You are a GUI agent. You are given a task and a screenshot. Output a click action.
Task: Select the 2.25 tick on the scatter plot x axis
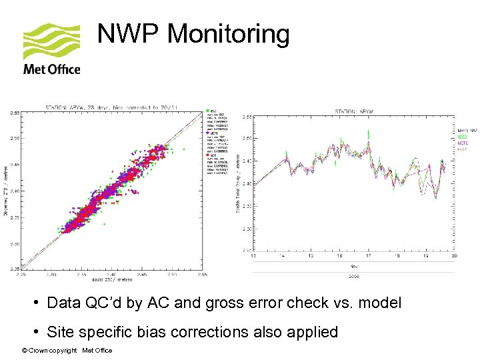click(22, 273)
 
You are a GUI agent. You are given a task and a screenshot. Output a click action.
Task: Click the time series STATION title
click(353, 111)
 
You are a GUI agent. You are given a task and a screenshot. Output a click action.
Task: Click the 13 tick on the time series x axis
click(253, 255)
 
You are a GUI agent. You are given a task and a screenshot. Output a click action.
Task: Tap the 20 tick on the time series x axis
click(454, 255)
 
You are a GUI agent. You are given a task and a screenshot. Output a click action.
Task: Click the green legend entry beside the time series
click(462, 136)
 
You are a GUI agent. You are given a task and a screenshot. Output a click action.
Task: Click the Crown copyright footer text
click(67, 351)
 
